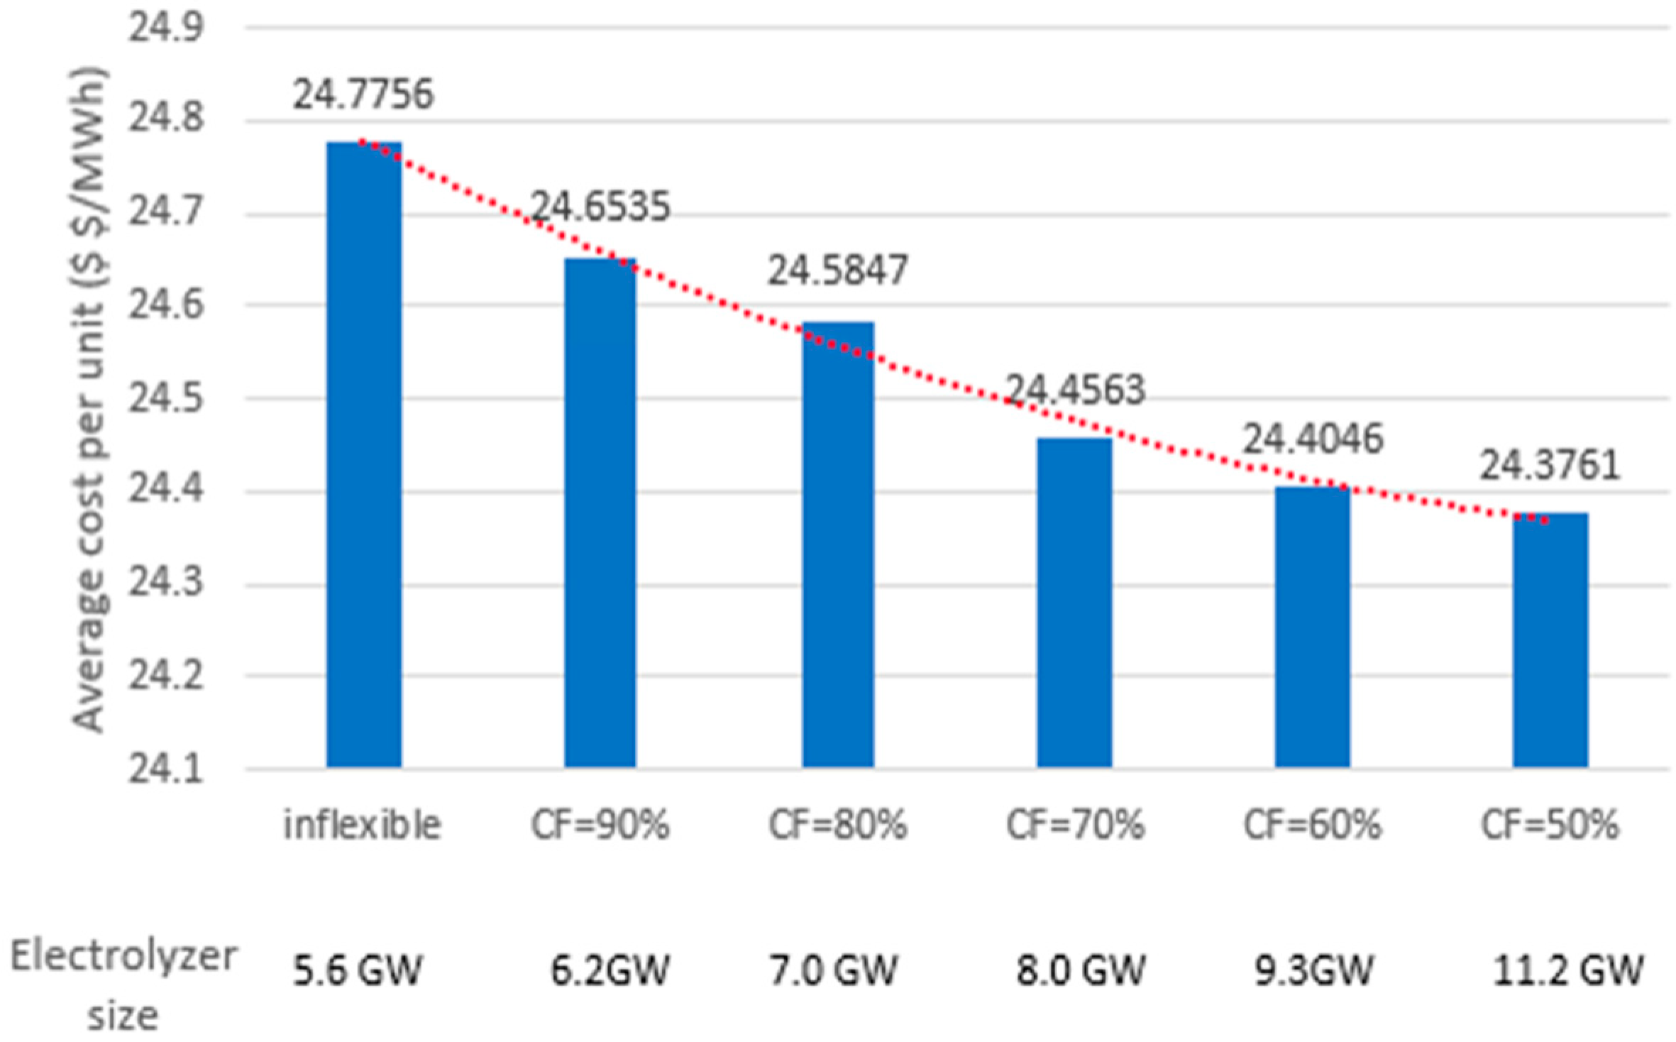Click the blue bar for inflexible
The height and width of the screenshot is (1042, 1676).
(x=364, y=454)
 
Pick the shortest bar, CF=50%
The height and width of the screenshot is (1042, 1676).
(x=1550, y=640)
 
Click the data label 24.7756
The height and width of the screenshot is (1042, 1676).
(x=363, y=94)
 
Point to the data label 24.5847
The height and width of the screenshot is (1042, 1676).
(x=837, y=270)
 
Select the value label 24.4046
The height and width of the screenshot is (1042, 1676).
(x=1313, y=439)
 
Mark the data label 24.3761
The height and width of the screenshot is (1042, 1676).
(x=1550, y=466)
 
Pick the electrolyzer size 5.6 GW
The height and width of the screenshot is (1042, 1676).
(x=358, y=970)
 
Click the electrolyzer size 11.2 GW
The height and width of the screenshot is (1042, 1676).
(x=1568, y=970)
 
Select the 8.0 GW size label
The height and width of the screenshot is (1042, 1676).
(x=1081, y=970)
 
